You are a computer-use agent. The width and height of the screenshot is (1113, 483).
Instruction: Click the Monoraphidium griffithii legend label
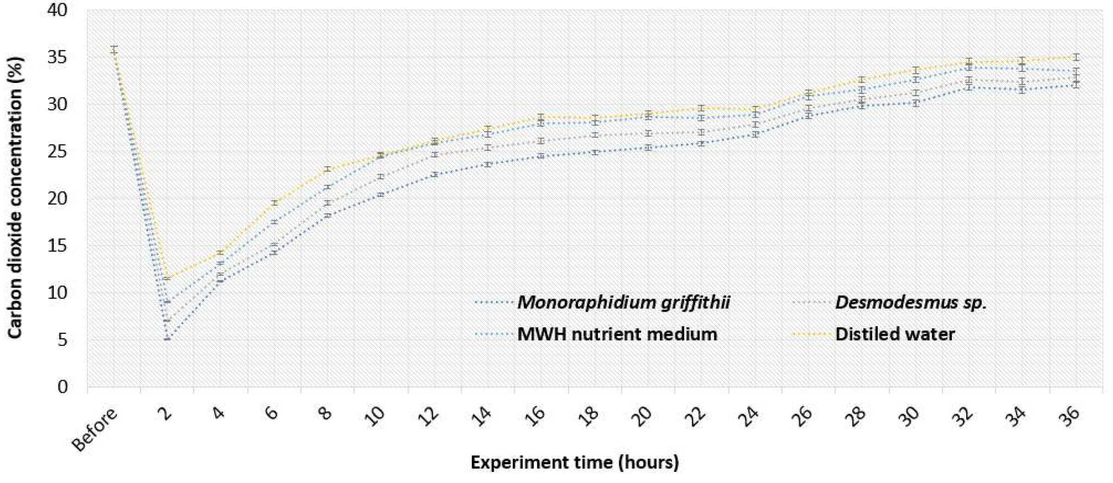[623, 302]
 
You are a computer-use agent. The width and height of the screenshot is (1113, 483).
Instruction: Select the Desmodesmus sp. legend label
[911, 302]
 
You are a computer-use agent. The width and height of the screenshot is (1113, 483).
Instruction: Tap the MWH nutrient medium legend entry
[617, 334]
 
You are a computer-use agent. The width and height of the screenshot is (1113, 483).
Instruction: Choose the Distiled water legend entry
[895, 334]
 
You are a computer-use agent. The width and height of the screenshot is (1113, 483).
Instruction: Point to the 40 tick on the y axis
[57, 10]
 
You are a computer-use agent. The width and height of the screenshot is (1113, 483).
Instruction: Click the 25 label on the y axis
[57, 151]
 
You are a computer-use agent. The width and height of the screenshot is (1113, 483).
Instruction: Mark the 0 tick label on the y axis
[63, 387]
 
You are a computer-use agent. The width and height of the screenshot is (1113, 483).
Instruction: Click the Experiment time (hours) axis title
[575, 462]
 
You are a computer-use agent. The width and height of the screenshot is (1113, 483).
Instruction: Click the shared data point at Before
[114, 50]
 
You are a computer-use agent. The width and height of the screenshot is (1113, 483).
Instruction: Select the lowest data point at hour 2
[167, 339]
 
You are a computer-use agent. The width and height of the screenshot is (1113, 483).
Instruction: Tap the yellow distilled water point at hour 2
[167, 278]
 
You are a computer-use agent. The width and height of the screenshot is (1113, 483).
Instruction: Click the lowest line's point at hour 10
[381, 194]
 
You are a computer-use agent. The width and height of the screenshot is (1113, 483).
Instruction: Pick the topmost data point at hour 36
[1076, 57]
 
